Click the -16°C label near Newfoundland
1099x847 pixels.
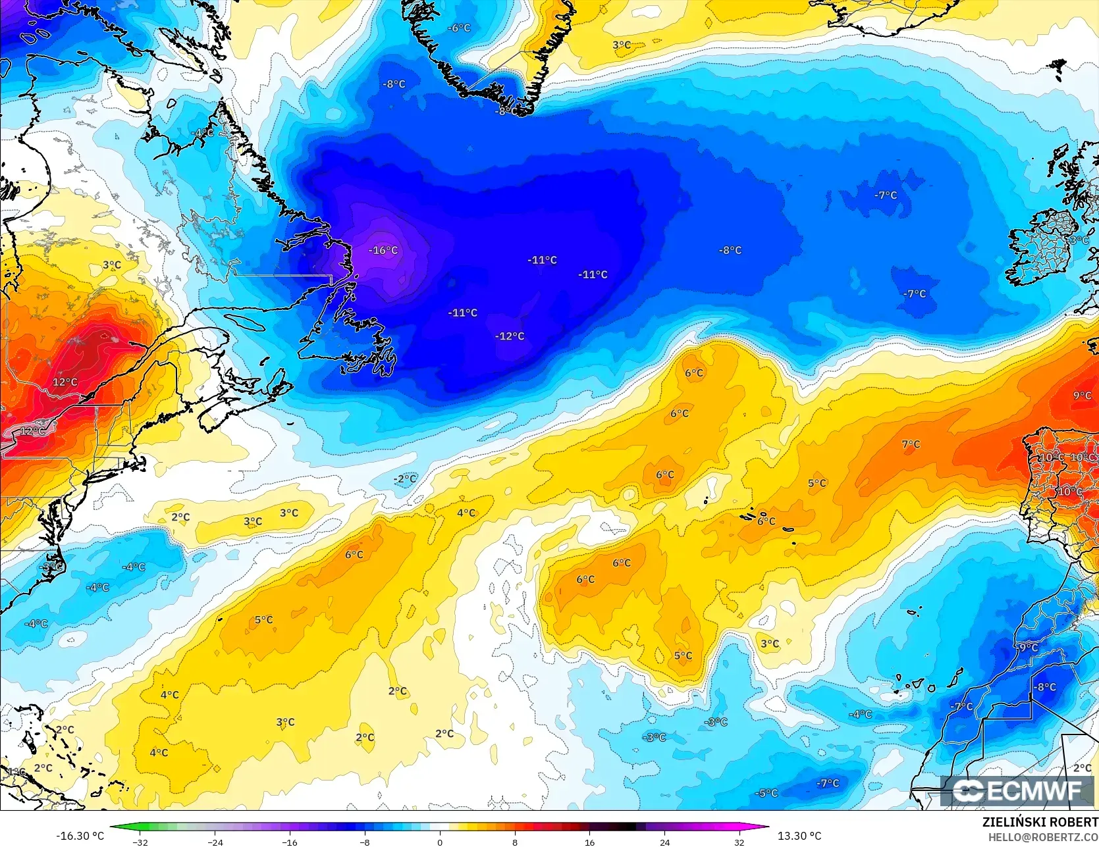coord(383,250)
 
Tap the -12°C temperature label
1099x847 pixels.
coord(510,336)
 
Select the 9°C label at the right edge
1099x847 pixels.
coord(1082,396)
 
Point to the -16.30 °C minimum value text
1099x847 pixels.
coord(80,836)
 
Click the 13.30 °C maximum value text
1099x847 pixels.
coord(799,836)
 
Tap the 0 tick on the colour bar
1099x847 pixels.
coord(440,842)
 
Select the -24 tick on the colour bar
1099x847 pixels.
coord(215,842)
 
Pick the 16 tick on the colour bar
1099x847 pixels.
coord(589,842)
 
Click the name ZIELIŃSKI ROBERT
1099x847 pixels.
coord(1040,822)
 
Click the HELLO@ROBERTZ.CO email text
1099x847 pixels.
coord(1042,836)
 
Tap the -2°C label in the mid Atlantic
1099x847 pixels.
coord(406,478)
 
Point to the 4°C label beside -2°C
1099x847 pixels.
coord(466,513)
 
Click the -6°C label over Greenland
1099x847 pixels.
coord(459,28)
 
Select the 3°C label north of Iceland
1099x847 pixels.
coord(622,45)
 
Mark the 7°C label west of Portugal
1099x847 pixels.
coord(911,444)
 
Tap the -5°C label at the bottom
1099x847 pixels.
coord(767,793)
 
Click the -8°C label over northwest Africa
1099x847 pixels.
coord(1045,687)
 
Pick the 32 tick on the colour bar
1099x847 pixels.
coord(739,842)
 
